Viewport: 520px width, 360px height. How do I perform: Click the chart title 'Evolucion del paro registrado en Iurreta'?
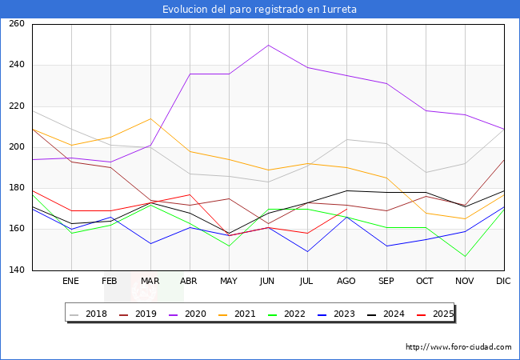coord(259,10)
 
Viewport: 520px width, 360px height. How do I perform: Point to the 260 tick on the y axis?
coord(17,24)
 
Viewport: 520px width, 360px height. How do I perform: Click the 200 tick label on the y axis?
coord(17,147)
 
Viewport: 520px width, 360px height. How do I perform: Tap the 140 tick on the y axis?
coord(17,270)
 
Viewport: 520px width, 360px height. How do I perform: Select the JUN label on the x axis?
coord(267,281)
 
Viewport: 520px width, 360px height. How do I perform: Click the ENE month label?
coord(71,281)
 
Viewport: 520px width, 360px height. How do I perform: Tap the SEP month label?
coord(386,281)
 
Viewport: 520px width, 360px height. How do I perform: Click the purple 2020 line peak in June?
coord(268,45)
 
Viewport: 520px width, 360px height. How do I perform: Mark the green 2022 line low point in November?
coord(465,256)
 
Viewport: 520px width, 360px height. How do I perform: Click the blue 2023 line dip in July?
coord(307,252)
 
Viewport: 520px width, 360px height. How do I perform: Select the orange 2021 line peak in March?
coord(150,118)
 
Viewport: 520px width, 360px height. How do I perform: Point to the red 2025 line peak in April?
coord(189,194)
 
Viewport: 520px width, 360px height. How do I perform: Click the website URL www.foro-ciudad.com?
coord(458,347)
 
